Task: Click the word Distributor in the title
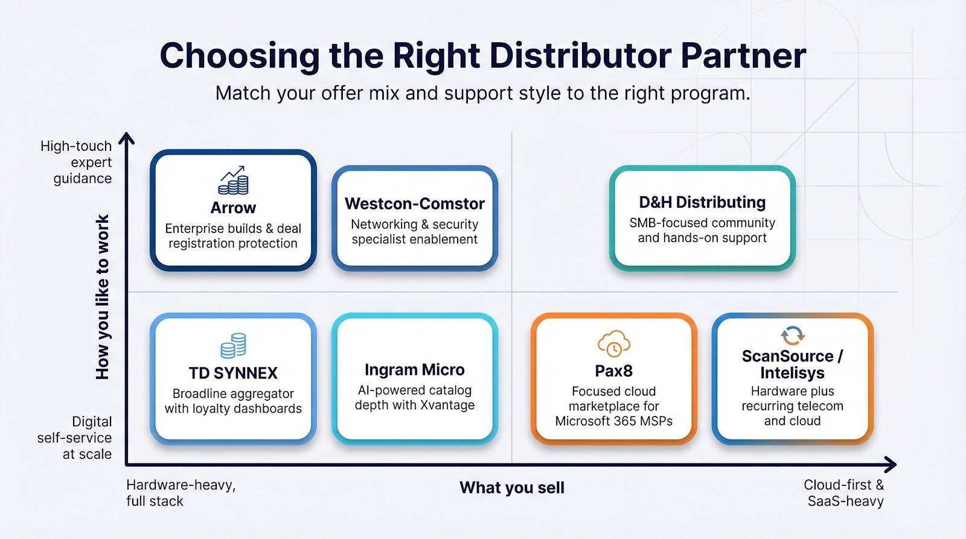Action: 580,56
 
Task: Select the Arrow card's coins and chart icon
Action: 233,180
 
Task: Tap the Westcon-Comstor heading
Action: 414,203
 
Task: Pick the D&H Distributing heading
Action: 702,202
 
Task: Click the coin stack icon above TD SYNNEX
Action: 233,345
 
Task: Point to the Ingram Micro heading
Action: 414,369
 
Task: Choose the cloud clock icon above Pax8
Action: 613,343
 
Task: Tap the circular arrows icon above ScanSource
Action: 792,336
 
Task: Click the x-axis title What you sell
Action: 512,488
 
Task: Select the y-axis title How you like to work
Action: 103,297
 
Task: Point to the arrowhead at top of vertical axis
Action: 126,138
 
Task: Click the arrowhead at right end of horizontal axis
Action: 890,464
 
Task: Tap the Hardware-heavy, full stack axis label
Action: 181,493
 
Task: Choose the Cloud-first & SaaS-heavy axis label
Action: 843,493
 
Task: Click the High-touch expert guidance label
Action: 76,162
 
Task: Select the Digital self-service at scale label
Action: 74,438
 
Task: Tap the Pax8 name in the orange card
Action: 613,371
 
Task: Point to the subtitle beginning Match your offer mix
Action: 483,93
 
